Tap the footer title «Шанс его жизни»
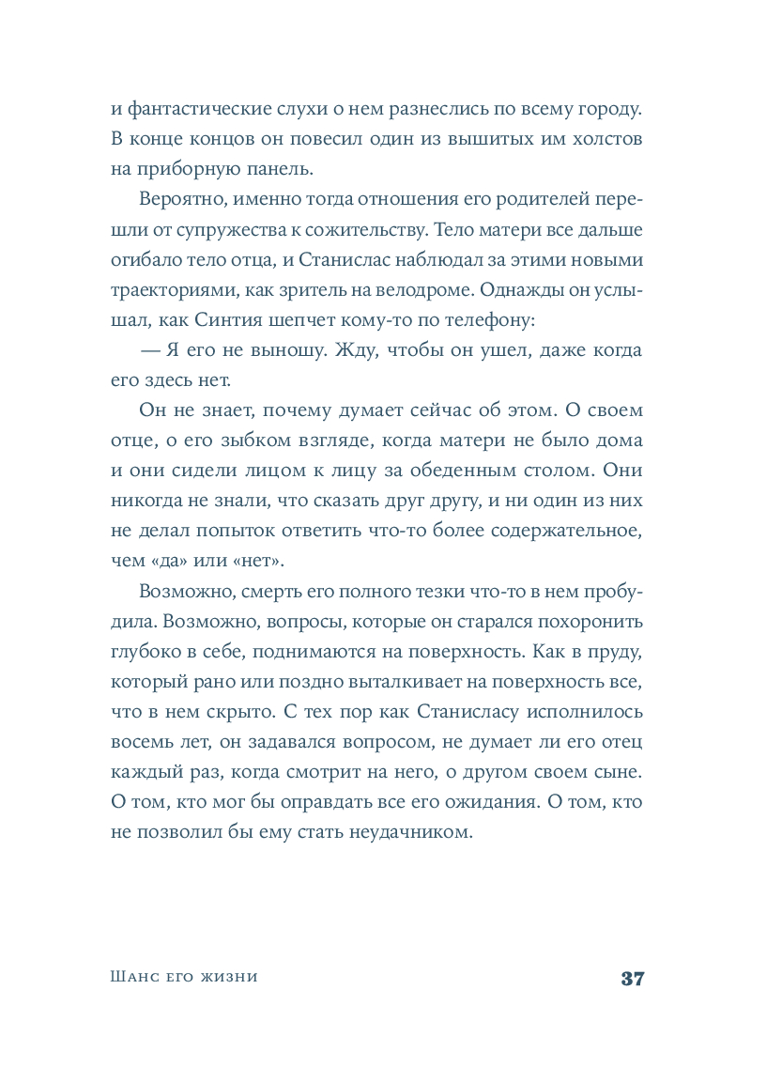click(x=184, y=978)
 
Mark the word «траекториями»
click(x=167, y=290)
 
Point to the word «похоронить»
click(x=590, y=622)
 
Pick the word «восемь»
click(x=141, y=742)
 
